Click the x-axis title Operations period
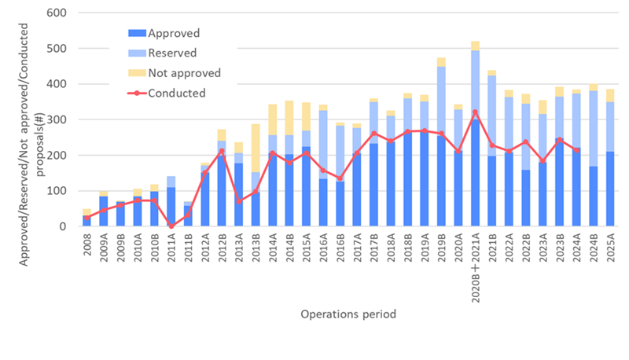[348, 314]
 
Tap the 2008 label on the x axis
[87, 243]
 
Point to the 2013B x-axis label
[256, 246]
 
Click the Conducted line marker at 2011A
[171, 226]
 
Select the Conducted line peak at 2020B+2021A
[476, 112]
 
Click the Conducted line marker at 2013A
[240, 201]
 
